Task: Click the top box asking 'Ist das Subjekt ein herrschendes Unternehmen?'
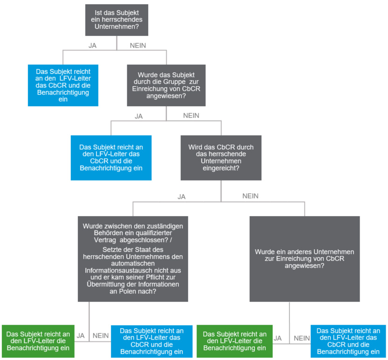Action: click(x=116, y=20)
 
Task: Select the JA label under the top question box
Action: click(x=93, y=46)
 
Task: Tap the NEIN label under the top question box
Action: click(x=138, y=46)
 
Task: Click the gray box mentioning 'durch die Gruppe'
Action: click(x=166, y=85)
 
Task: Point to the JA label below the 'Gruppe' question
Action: click(x=139, y=116)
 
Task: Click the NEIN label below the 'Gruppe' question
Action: click(x=191, y=115)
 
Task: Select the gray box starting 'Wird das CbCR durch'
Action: click(x=221, y=157)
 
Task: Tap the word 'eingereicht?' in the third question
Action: click(x=221, y=168)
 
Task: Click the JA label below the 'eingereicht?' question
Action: click(x=181, y=197)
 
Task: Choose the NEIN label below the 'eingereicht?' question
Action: click(x=251, y=196)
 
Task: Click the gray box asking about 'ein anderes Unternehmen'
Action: click(x=305, y=259)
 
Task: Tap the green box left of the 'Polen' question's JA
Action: click(x=38, y=341)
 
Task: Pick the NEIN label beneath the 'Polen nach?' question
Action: click(x=101, y=335)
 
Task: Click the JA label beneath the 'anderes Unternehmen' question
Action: click(x=278, y=338)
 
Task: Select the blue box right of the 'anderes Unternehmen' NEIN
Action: click(x=348, y=341)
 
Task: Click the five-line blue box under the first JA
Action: click(x=63, y=85)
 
